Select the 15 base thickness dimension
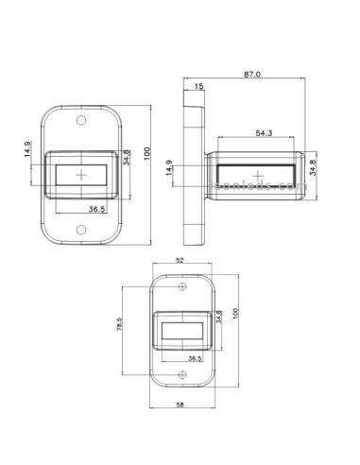click(x=197, y=87)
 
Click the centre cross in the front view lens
click(x=83, y=176)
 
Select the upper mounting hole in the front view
click(x=83, y=121)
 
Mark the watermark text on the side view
click(x=256, y=189)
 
